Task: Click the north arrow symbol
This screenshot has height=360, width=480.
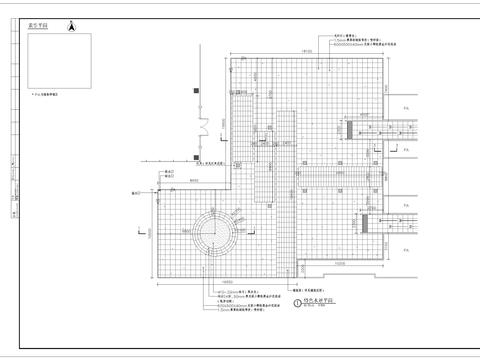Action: coord(71,27)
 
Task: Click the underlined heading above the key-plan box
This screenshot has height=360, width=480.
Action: coord(43,29)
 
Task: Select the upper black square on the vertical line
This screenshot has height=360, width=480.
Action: coord(199,92)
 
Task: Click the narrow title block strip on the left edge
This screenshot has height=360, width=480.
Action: coord(12,180)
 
